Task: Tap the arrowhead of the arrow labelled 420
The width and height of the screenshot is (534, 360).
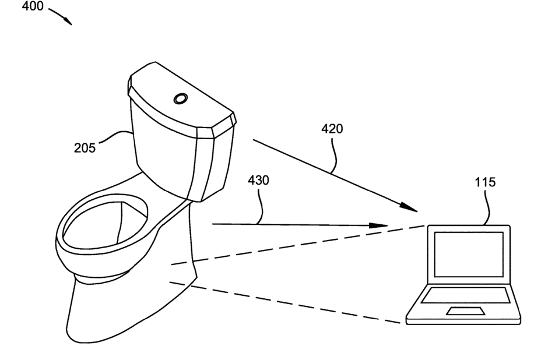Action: (410, 207)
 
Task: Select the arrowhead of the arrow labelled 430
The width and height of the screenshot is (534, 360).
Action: (380, 225)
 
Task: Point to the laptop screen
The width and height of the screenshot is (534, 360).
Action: (467, 255)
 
